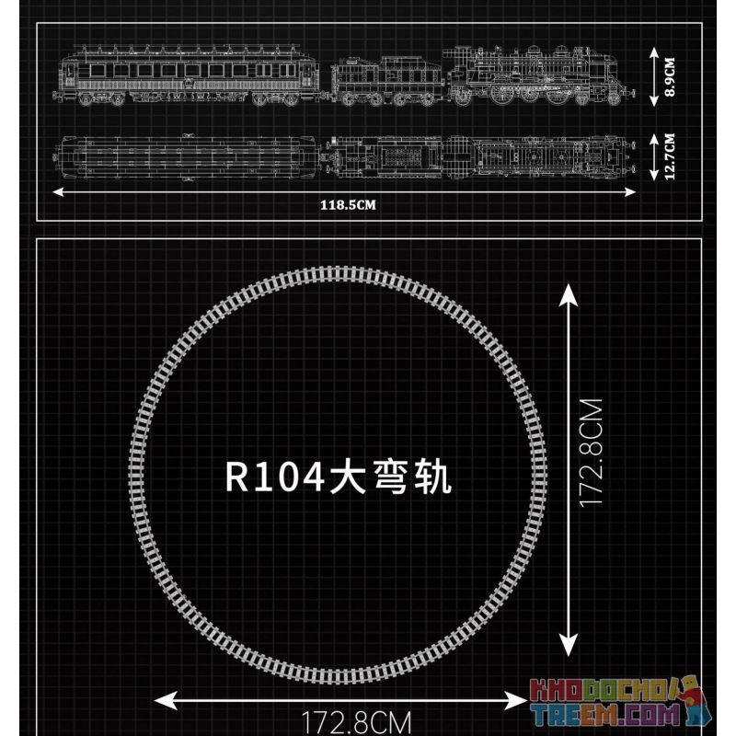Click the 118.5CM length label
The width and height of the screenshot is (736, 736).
(348, 205)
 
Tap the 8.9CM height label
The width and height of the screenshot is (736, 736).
(670, 77)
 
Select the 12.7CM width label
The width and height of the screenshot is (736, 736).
(670, 156)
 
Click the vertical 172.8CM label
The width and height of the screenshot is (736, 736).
(591, 453)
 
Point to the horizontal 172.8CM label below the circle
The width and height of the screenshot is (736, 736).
(356, 723)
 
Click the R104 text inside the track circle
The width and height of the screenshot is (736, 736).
(275, 477)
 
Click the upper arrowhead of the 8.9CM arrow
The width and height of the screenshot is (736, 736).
(654, 52)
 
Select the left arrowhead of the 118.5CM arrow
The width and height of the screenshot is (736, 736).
(58, 191)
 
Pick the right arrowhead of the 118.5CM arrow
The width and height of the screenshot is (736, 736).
(630, 191)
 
